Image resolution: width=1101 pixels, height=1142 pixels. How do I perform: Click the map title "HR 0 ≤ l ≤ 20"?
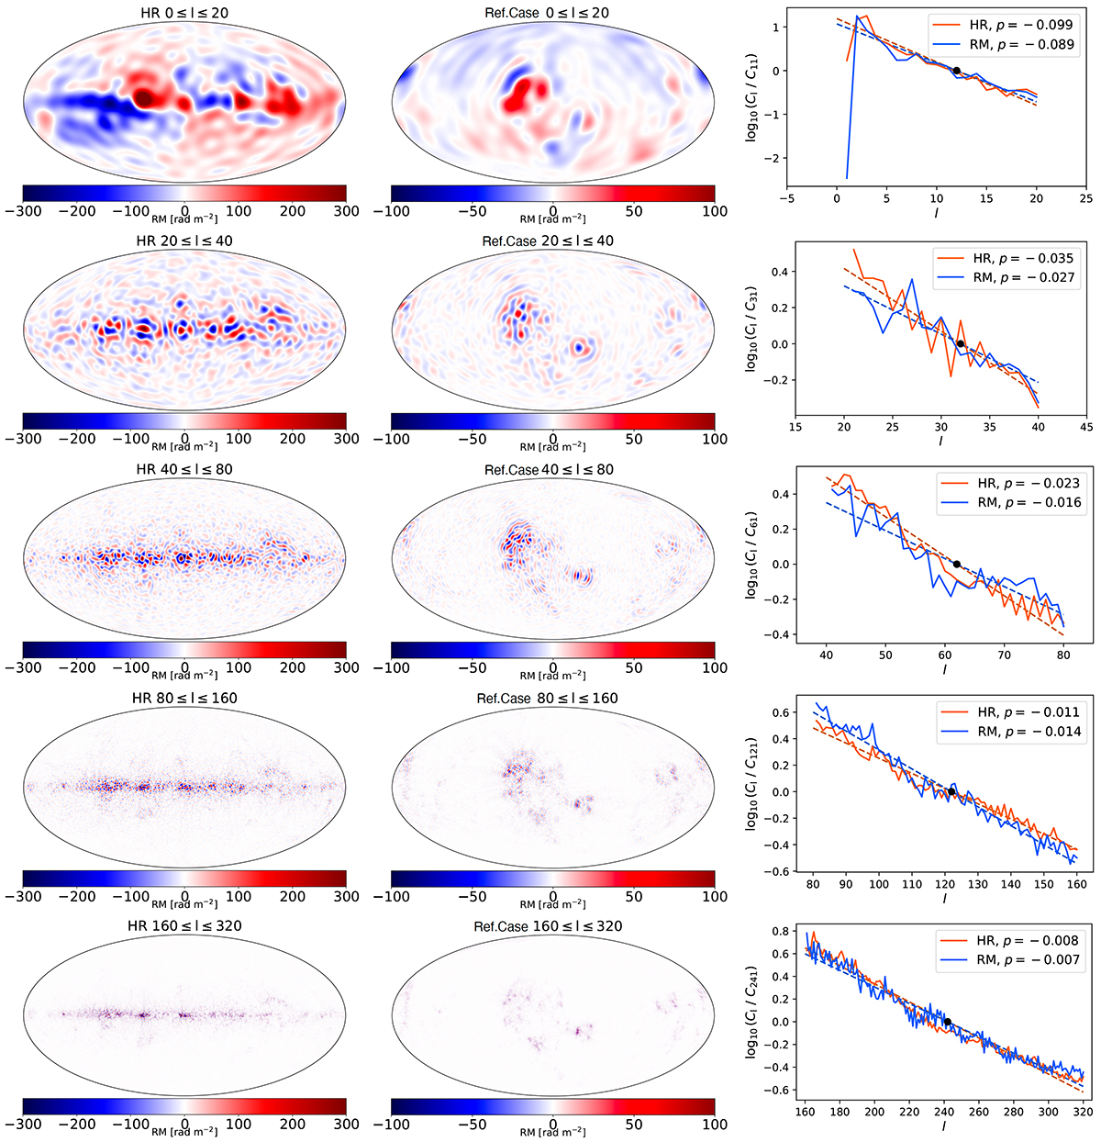pos(184,12)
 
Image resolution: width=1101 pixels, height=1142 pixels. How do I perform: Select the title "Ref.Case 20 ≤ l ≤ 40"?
pos(548,241)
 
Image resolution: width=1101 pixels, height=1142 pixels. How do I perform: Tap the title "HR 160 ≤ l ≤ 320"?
pos(184,925)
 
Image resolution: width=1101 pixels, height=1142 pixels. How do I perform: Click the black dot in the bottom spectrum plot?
pos(947,1021)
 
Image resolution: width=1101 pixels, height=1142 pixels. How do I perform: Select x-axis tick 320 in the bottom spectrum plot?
pos(1083,1112)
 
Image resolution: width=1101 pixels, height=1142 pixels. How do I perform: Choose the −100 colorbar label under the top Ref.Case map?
pos(392,211)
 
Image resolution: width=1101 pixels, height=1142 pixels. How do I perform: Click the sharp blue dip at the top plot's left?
pos(847,177)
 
